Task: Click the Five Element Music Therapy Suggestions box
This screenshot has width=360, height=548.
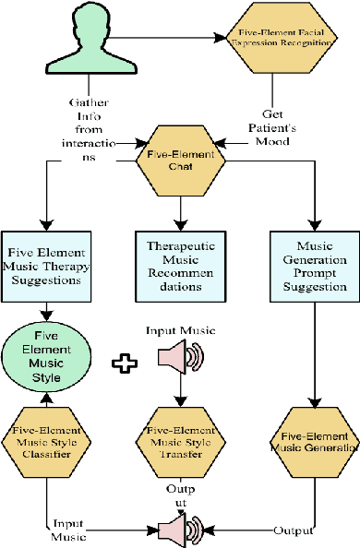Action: [46, 267]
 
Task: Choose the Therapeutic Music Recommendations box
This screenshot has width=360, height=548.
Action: [180, 267]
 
